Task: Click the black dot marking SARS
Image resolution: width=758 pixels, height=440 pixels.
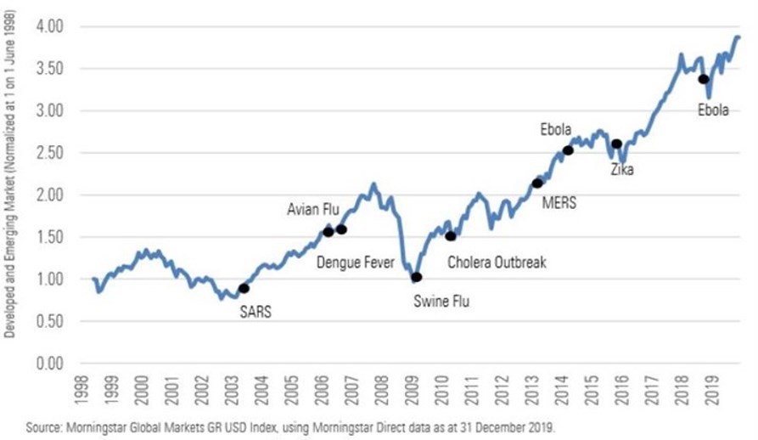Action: coord(244,289)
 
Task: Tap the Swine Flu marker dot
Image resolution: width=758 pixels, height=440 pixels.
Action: coord(416,277)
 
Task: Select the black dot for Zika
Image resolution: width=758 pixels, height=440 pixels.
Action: coord(616,144)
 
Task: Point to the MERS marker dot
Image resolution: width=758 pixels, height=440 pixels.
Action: coord(537,183)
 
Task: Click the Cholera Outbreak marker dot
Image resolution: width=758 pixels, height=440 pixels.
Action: coord(450,236)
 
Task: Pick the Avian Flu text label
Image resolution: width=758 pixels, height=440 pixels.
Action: coord(315,209)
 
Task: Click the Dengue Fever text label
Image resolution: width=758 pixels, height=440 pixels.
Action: coord(356,262)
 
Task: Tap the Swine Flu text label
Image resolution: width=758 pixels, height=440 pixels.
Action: coord(441,301)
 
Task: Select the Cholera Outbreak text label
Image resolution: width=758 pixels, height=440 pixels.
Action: coord(497,262)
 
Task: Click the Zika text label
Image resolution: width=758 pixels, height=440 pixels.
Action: coord(622,170)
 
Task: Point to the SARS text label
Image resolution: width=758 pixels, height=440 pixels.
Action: coord(255,311)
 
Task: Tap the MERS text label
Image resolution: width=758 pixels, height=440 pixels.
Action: coord(559,203)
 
